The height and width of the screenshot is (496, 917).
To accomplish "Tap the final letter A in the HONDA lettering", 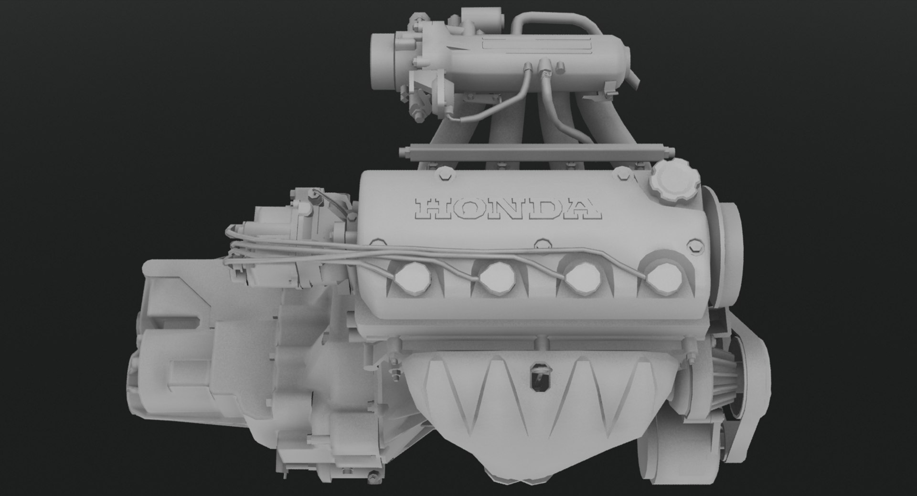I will point(584,209).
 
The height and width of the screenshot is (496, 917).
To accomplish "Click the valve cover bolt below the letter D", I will point(541,245).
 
